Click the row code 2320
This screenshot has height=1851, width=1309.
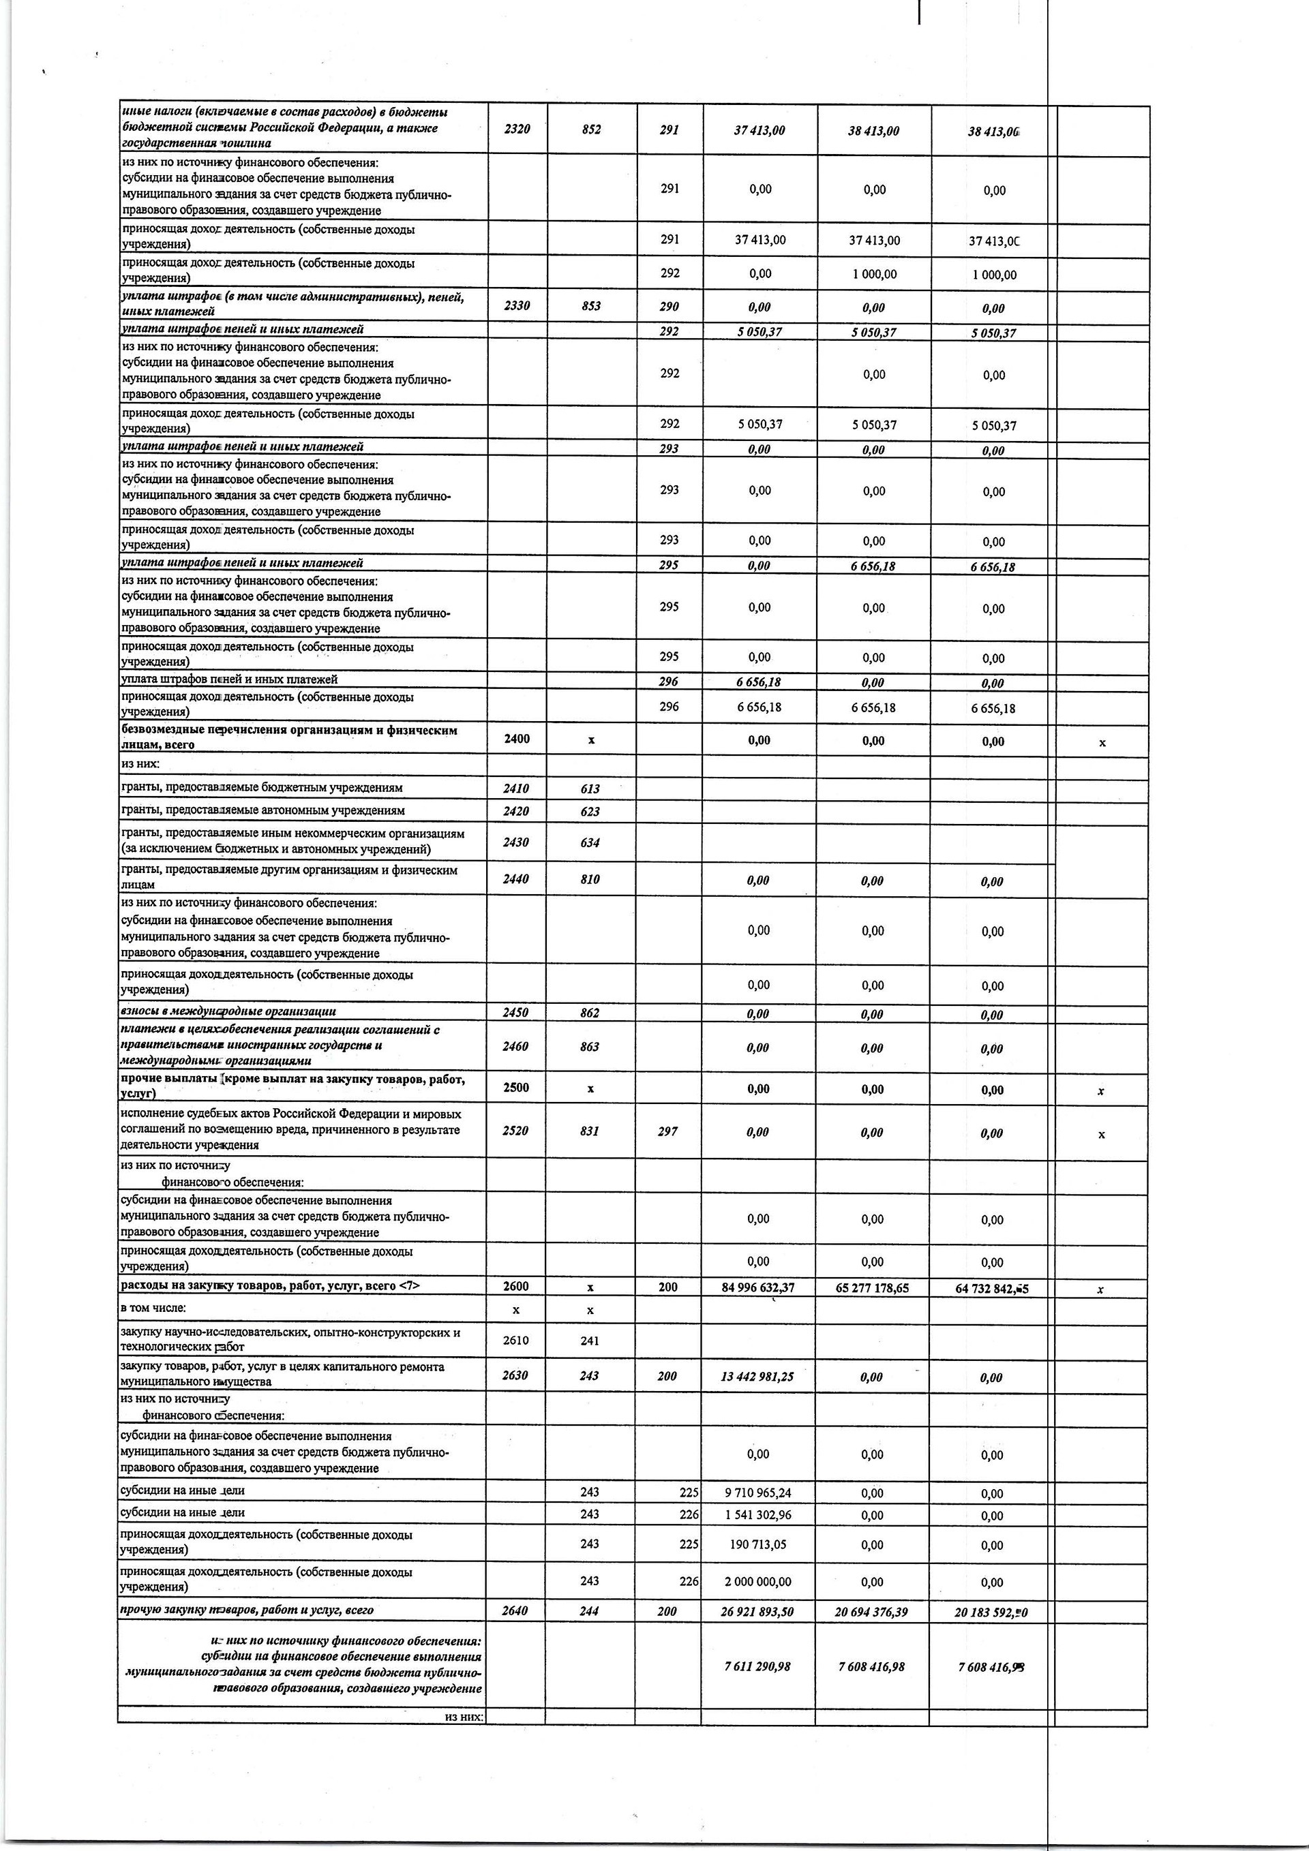click(x=516, y=129)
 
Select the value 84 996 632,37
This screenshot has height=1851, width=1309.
click(x=757, y=1287)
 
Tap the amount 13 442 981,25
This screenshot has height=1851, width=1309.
click(x=757, y=1376)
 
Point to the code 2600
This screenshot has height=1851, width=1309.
click(x=516, y=1287)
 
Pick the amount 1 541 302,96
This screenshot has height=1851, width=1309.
click(x=757, y=1515)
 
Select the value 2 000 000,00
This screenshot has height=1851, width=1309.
click(x=757, y=1582)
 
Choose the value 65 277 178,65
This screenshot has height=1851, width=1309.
click(x=872, y=1288)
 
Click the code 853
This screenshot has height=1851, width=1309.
click(x=590, y=307)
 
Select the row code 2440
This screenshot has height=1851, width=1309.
click(x=516, y=880)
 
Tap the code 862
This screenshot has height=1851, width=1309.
click(x=590, y=1013)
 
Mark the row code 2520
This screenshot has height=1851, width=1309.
click(x=516, y=1131)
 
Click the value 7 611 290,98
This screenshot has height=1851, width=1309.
click(x=757, y=1666)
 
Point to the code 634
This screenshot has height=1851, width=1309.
click(x=590, y=842)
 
